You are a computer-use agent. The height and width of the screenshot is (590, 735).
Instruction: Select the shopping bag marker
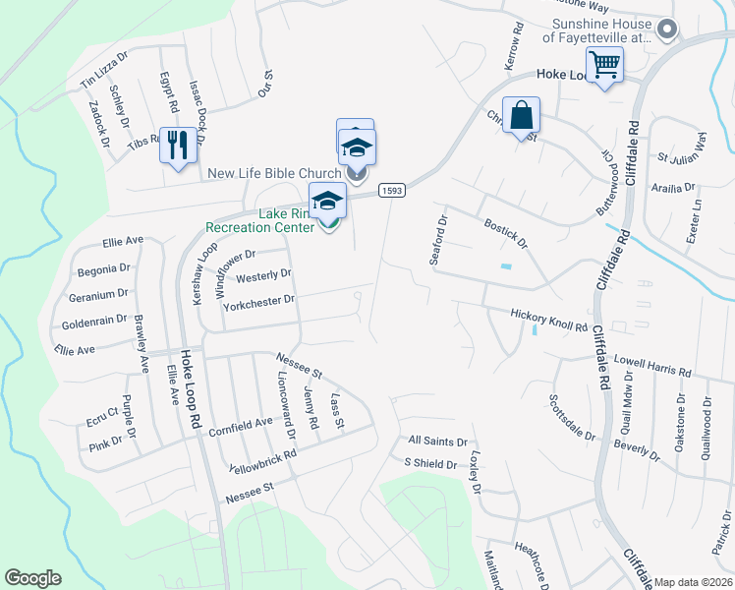[521, 115]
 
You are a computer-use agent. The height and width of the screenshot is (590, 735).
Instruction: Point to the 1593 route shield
[391, 190]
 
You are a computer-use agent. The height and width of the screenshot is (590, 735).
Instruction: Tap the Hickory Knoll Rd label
[548, 315]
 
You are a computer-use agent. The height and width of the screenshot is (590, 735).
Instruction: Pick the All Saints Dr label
[437, 442]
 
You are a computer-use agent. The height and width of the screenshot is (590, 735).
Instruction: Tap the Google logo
[32, 578]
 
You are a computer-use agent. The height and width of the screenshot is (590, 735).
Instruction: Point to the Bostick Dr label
[506, 234]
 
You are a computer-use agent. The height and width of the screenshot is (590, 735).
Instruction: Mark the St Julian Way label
[683, 147]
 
